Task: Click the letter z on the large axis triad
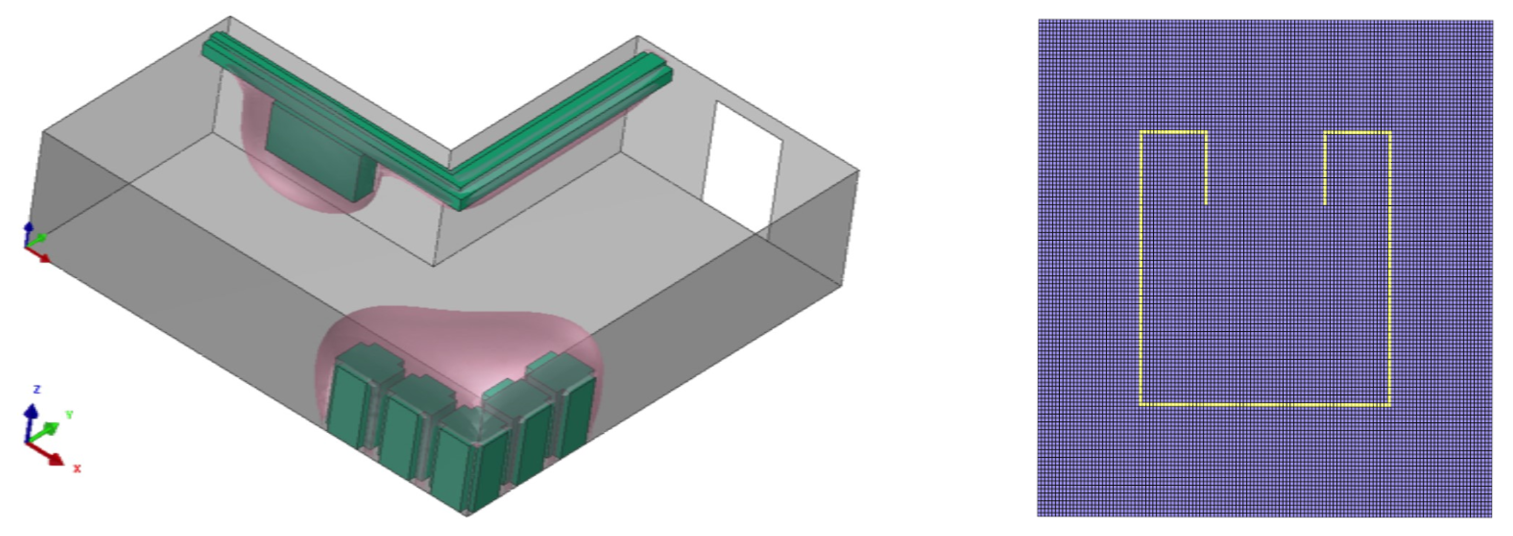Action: pyautogui.click(x=36, y=389)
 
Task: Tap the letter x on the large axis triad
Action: pyautogui.click(x=77, y=468)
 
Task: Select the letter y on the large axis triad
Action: pyautogui.click(x=69, y=415)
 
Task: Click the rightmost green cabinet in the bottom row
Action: pyautogui.click(x=572, y=400)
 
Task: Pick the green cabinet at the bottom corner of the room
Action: pyautogui.click(x=467, y=464)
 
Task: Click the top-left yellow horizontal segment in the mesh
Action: pyautogui.click(x=1174, y=132)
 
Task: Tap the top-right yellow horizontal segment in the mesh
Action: pyautogui.click(x=1357, y=133)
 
